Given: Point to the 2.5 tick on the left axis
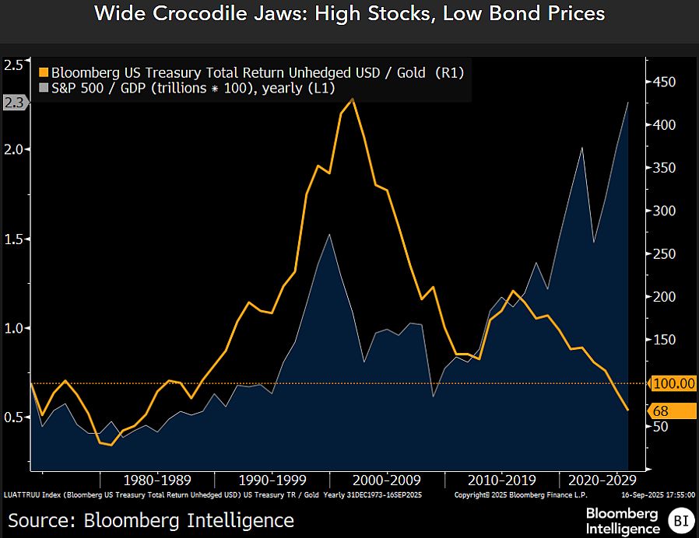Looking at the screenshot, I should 13,65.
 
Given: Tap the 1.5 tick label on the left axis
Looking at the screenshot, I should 13,239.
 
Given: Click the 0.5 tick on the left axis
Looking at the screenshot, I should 13,417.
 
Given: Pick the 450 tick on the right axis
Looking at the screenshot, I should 664,82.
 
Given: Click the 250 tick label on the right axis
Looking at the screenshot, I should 664,254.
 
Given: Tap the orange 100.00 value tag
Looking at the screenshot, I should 673,383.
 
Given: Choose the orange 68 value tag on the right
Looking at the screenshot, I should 662,410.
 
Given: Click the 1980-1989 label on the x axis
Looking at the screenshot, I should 157,479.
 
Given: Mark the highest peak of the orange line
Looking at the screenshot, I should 353,100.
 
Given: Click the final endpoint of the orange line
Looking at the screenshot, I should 628,410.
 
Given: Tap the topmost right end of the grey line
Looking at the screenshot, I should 628,103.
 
